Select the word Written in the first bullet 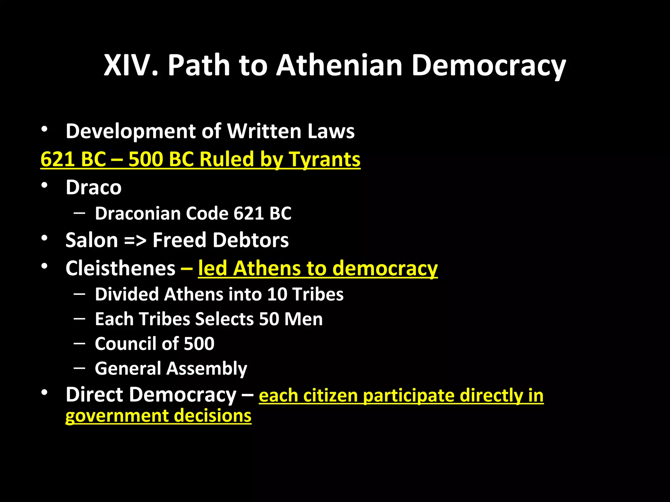point(265,131)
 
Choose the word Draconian point(138,213)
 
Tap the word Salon point(92,240)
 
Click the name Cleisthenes point(120,268)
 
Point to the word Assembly point(207,369)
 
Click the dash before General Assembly point(79,368)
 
